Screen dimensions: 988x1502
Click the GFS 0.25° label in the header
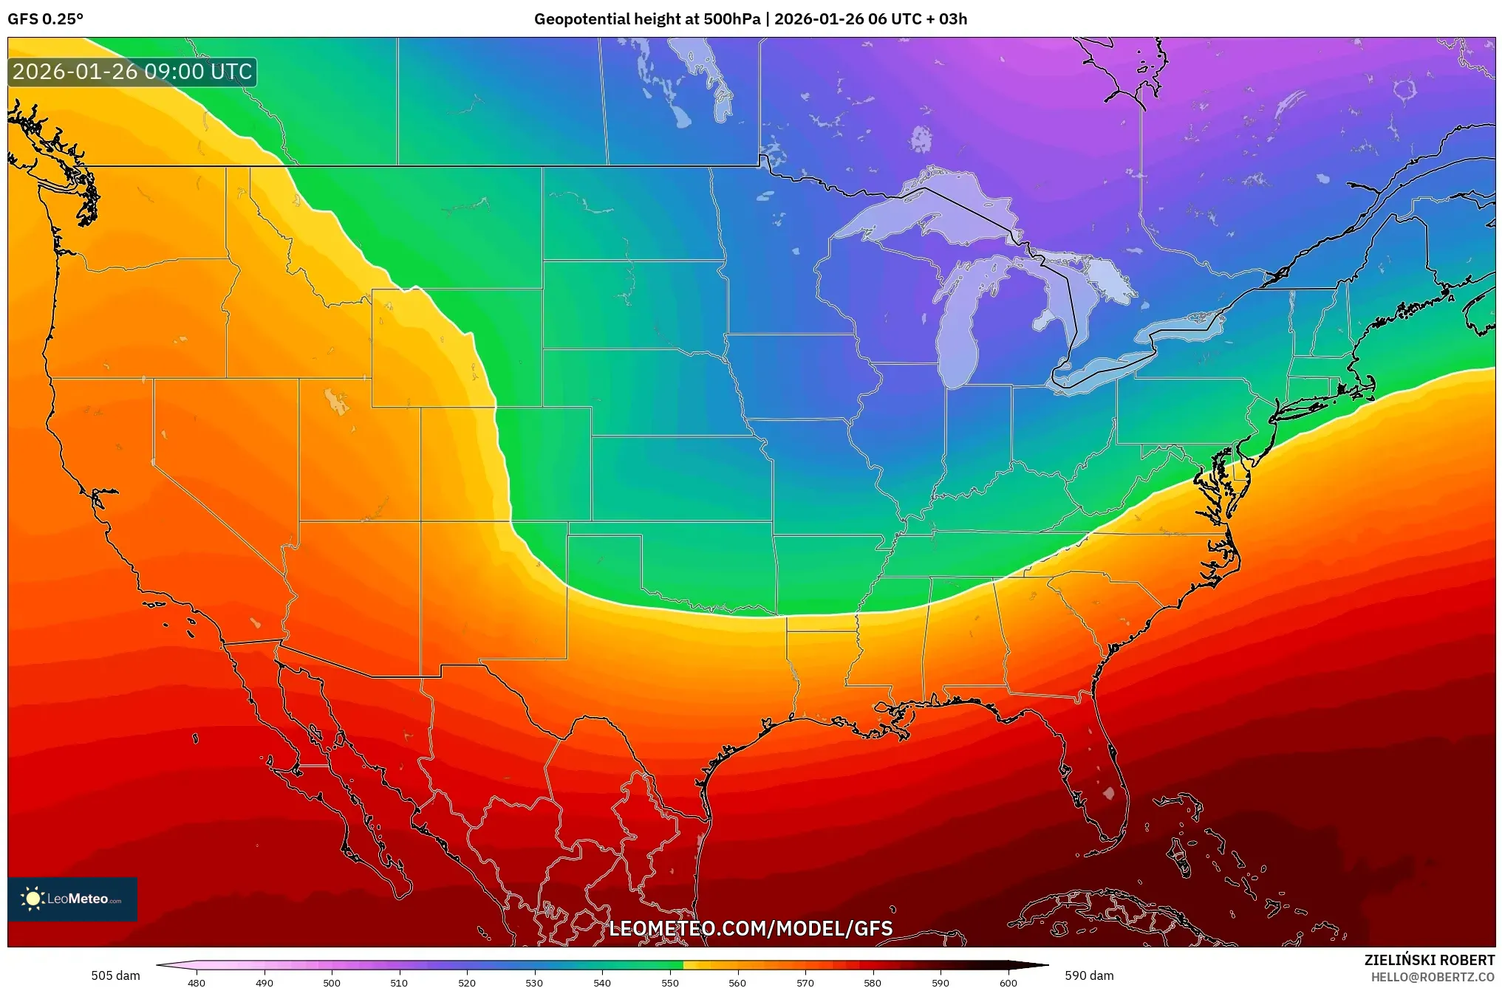click(46, 19)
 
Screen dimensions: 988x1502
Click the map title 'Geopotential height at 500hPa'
click(646, 19)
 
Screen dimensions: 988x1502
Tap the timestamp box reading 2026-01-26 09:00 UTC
click(132, 72)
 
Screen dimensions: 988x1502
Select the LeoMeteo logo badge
click(72, 899)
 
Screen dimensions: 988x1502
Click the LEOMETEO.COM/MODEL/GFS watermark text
click(751, 928)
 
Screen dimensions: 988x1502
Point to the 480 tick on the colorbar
click(197, 982)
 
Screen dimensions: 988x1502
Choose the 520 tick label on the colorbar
click(467, 982)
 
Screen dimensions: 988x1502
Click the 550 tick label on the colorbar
click(670, 982)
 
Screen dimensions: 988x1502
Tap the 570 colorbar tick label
click(805, 982)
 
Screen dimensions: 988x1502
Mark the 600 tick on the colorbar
click(1008, 982)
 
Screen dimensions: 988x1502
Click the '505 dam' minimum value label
click(115, 975)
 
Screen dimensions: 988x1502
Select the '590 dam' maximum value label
click(1089, 975)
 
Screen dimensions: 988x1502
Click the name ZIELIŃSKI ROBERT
click(1429, 960)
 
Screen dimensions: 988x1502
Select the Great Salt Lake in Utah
click(337, 402)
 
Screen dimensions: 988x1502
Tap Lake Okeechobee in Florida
click(1108, 793)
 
